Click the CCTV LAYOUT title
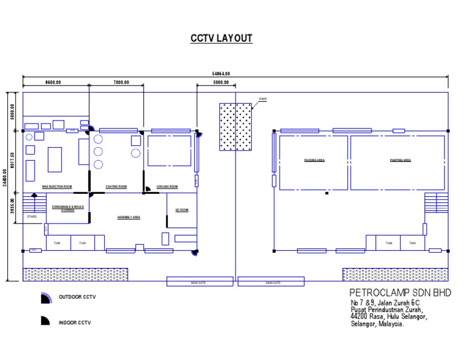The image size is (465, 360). [x=222, y=39]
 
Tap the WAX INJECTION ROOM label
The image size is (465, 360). [x=57, y=186]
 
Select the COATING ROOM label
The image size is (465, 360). [x=116, y=186]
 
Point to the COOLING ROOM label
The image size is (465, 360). [x=167, y=186]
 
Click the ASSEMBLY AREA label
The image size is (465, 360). [x=128, y=216]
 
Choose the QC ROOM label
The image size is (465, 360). [x=182, y=210]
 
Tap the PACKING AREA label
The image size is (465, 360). [x=314, y=161]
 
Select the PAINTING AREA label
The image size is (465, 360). [x=400, y=161]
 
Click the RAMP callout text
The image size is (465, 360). [x=263, y=99]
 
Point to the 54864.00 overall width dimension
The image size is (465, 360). [x=221, y=73]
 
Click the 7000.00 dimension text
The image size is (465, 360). [x=120, y=82]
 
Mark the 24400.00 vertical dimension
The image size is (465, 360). [x=5, y=186]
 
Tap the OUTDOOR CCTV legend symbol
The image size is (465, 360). [x=45, y=297]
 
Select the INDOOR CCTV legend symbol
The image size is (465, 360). [x=45, y=321]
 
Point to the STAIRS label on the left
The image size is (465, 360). [x=31, y=216]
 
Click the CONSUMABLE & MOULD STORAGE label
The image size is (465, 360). [x=67, y=208]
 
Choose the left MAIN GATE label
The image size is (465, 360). [x=200, y=282]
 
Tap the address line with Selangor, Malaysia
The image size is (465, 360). [x=377, y=324]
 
